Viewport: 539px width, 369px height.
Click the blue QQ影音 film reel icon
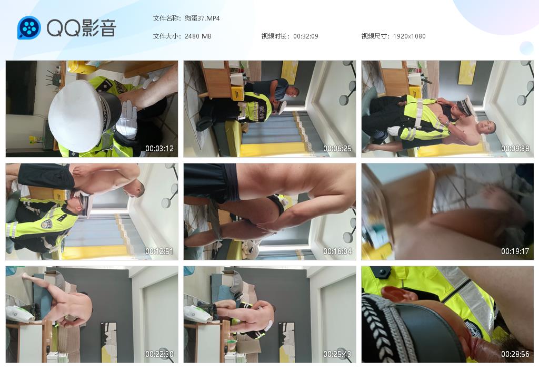click(x=29, y=27)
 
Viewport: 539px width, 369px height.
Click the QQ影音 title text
click(x=82, y=28)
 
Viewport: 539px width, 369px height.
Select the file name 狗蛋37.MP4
click(x=202, y=18)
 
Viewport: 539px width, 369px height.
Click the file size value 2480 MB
click(x=198, y=36)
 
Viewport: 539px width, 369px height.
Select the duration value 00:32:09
click(x=306, y=36)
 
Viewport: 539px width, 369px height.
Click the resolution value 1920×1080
click(x=409, y=36)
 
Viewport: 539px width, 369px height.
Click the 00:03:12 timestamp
click(x=159, y=149)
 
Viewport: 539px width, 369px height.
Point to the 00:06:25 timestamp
click(x=337, y=149)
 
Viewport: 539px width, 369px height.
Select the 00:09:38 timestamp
click(x=515, y=149)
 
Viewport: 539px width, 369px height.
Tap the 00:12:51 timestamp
click(x=159, y=251)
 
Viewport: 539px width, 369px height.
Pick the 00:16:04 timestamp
click(x=337, y=251)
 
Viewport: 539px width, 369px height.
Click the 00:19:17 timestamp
click(x=515, y=251)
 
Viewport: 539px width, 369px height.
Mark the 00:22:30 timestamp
click(x=159, y=354)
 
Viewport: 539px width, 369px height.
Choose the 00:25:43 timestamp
click(x=337, y=354)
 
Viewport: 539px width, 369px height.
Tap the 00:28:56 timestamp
click(x=515, y=354)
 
